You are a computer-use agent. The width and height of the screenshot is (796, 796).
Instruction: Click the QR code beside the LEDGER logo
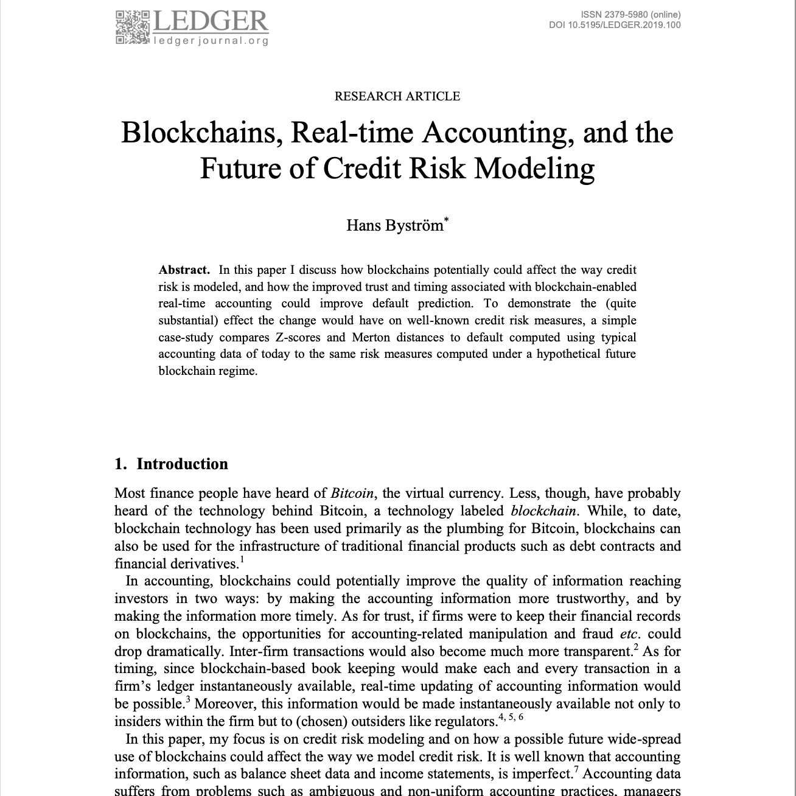tap(131, 27)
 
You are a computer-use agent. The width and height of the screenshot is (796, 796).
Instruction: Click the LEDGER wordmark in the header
tap(210, 21)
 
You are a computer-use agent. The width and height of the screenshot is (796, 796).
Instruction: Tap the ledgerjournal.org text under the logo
tap(211, 41)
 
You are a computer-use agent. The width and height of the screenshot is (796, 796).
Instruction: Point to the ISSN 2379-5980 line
tap(630, 15)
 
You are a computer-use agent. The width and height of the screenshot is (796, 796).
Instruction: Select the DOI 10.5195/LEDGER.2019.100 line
tap(615, 25)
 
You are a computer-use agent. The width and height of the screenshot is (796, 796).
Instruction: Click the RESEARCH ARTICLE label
tap(397, 96)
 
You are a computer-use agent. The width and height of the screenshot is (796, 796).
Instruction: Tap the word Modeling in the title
tap(534, 169)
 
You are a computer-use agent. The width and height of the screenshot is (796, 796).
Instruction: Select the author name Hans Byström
tap(395, 226)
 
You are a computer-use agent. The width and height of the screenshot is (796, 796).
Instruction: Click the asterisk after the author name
tap(447, 220)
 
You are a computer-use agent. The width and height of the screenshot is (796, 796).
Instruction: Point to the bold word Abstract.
tap(184, 270)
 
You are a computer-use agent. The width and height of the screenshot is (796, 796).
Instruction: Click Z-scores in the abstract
tap(298, 337)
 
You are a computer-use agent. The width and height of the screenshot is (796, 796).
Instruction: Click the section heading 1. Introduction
tap(171, 464)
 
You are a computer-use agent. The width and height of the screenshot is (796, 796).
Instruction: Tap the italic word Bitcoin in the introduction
tap(352, 494)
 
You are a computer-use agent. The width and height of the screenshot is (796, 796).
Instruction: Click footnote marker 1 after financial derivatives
tap(242, 560)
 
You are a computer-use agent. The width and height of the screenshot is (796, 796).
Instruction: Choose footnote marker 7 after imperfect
tap(575, 770)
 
